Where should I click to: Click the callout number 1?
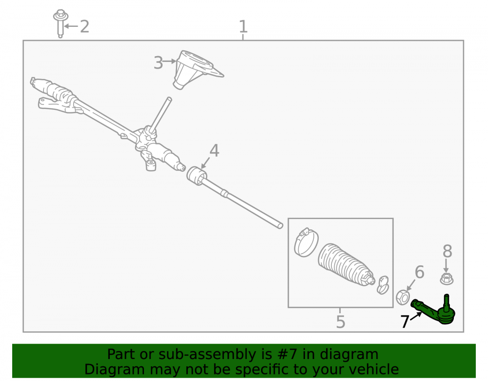(243, 27)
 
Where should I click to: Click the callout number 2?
(84, 26)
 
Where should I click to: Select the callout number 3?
(158, 62)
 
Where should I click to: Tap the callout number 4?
(214, 150)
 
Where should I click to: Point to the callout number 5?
(341, 321)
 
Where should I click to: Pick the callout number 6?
(420, 272)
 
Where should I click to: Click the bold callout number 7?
(404, 321)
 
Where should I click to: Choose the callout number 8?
(447, 251)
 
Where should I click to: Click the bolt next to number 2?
(61, 23)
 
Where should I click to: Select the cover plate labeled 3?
(196, 70)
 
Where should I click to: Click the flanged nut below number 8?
(447, 279)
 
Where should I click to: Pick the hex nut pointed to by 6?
(403, 297)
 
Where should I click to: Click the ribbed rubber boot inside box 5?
(346, 264)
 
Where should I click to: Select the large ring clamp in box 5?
(306, 242)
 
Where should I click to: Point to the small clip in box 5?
(383, 285)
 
